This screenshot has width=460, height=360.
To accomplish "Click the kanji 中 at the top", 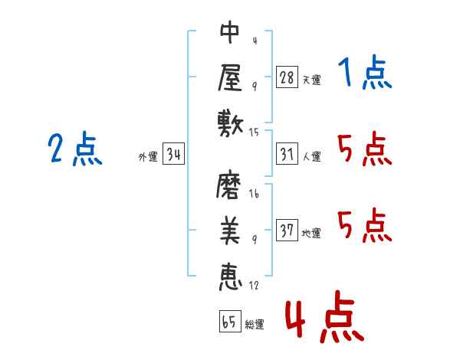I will coord(230,32).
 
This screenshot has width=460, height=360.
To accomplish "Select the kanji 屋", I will coord(230,77).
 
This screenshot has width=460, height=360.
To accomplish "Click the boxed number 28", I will coord(287,77).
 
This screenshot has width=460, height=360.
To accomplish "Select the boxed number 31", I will coord(287,155).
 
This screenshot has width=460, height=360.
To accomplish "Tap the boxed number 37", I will coord(287,231).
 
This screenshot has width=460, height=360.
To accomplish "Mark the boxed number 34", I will coord(174,155).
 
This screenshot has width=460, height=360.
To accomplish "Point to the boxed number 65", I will coord(229,322).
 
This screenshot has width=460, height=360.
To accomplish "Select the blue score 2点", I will coord(74,149).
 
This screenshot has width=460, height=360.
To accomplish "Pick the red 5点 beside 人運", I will coord(364,149).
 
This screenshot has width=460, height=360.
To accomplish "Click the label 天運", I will coord(311,80).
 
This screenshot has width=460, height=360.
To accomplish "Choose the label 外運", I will coord(148,157).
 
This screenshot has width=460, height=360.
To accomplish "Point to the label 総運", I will coord(255,325).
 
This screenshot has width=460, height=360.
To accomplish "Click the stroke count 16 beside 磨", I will coord(254,195).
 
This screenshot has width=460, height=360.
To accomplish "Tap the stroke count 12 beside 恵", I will coord(254,286).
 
